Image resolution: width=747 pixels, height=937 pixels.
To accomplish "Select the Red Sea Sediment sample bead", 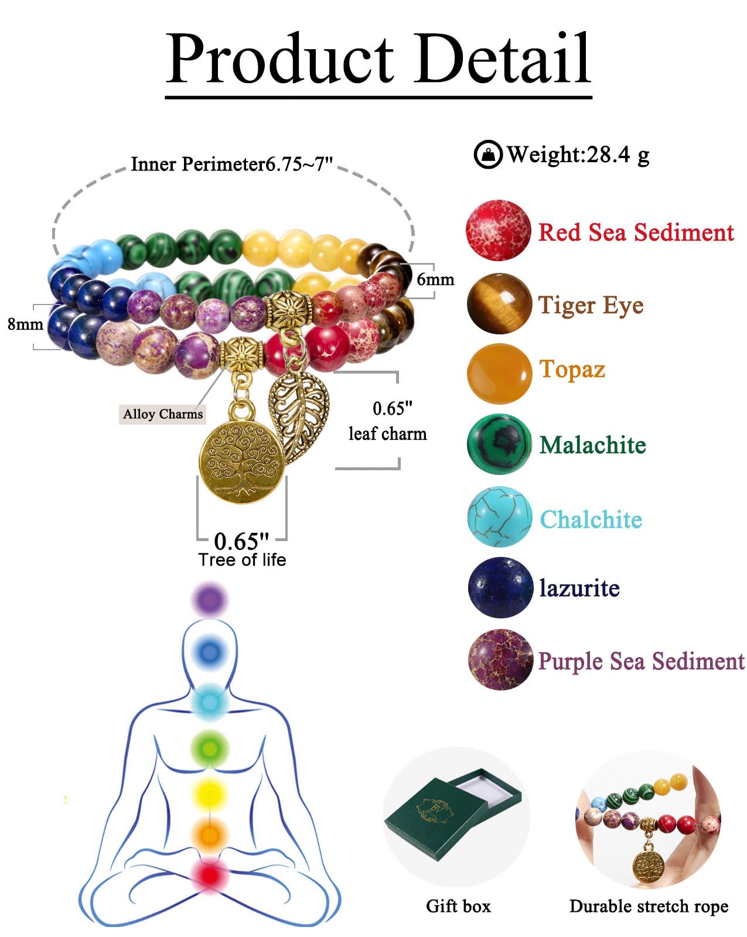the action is [x=498, y=230].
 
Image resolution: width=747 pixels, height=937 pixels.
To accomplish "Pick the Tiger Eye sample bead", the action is [x=499, y=304].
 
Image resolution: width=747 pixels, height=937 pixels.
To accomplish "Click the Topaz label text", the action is [x=572, y=370].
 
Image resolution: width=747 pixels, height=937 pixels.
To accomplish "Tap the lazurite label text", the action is [x=579, y=587].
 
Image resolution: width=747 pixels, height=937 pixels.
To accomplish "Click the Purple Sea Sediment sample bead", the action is [x=500, y=659].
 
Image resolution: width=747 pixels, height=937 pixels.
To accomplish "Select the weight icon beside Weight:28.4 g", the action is [x=487, y=155].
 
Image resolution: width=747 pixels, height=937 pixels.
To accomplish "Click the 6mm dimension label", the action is [x=435, y=279].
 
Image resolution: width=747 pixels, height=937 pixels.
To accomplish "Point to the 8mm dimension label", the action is [x=25, y=323].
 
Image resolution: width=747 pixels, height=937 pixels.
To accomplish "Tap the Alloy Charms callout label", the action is [x=163, y=414].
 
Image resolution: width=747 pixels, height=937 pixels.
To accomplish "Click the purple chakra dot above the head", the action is [x=210, y=600].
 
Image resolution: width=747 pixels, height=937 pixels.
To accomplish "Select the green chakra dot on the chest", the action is [x=210, y=748].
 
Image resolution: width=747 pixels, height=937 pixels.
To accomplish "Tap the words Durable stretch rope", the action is [x=649, y=906].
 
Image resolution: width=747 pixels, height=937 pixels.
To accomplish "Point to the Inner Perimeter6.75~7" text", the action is [x=231, y=164].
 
